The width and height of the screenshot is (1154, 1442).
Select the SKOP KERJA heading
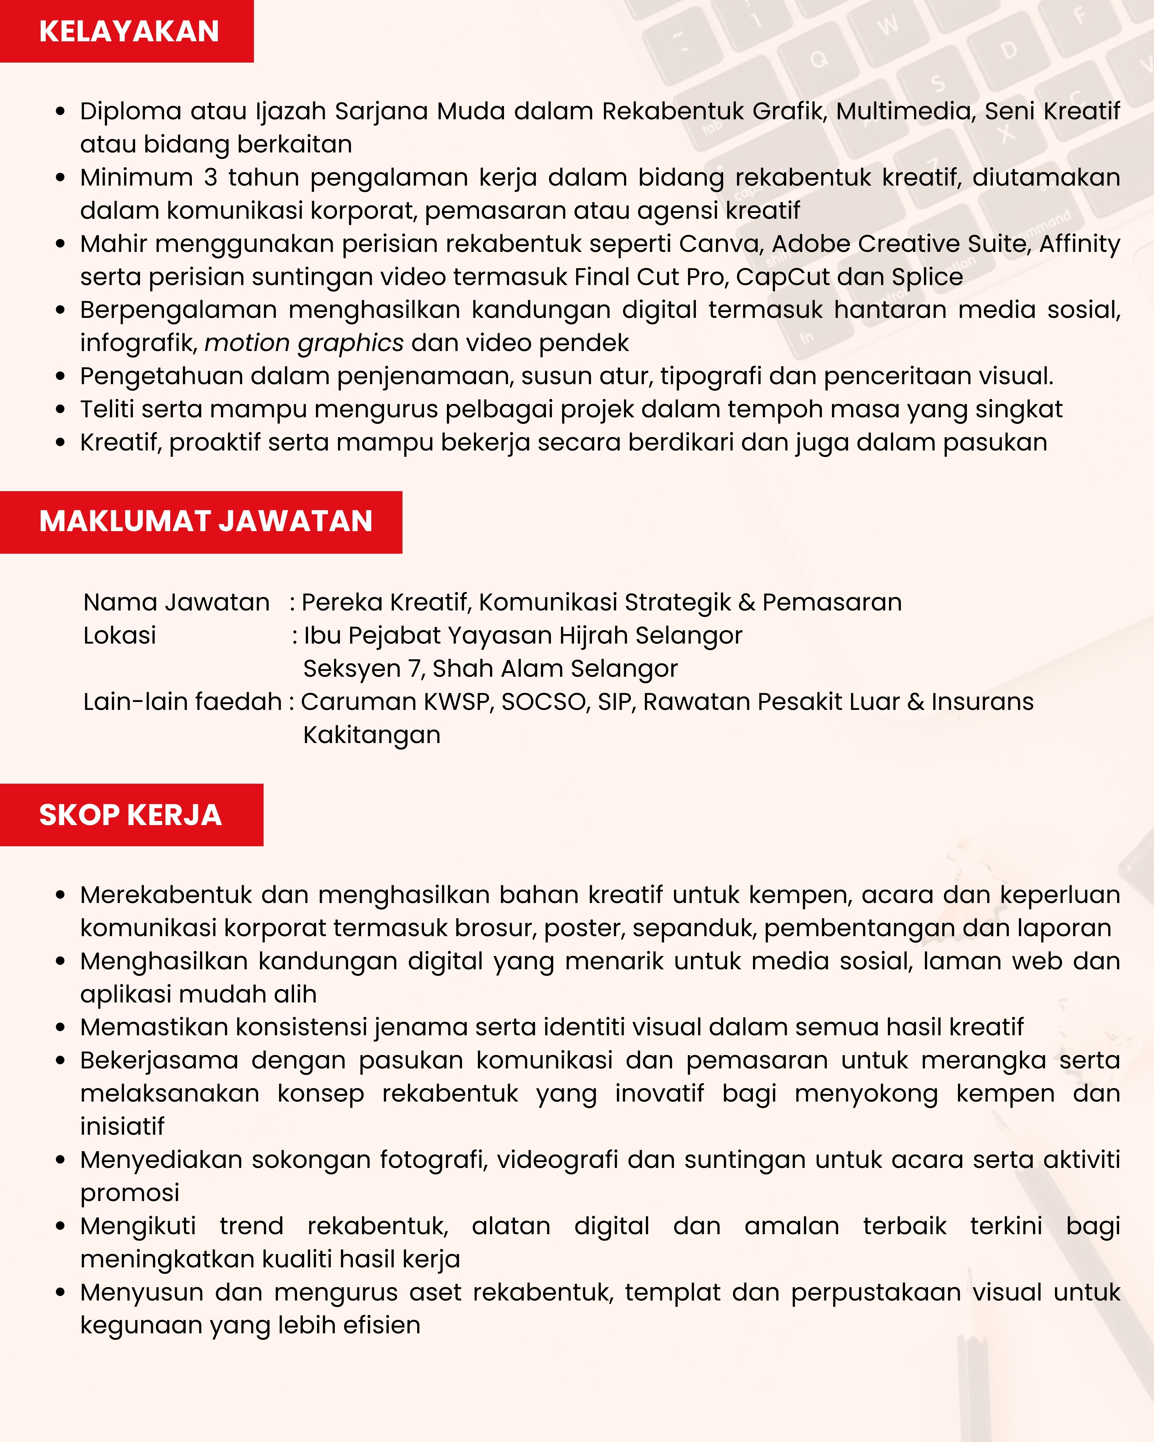[x=131, y=814]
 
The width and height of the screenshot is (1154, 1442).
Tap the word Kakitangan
[x=372, y=735]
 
